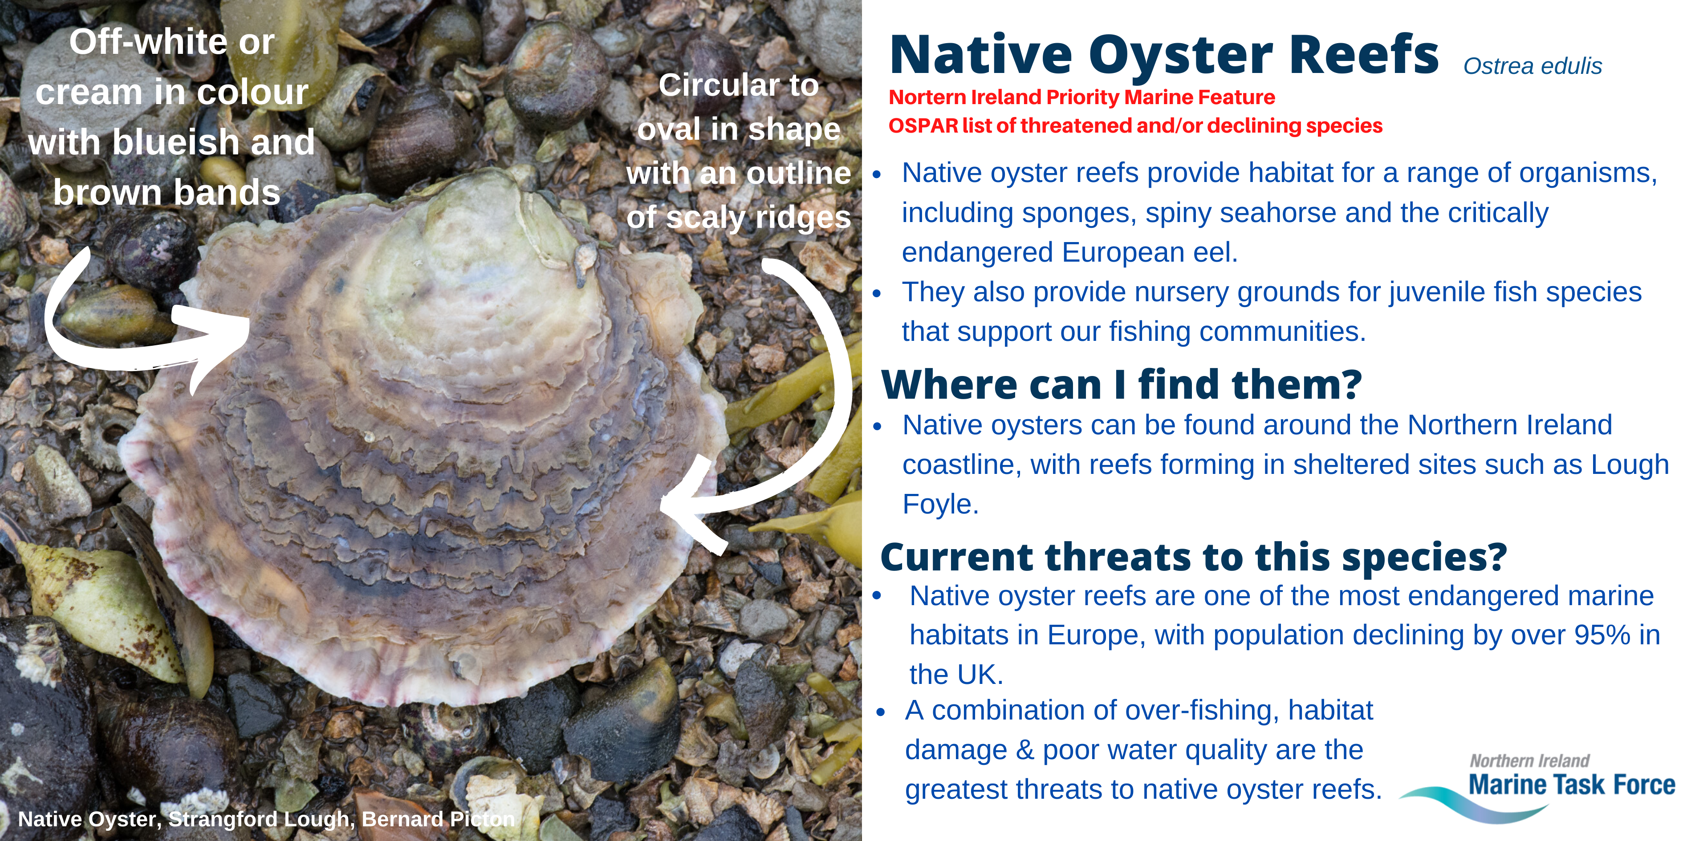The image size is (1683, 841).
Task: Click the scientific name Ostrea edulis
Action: click(x=1532, y=66)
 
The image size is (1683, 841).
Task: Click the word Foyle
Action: click(x=940, y=505)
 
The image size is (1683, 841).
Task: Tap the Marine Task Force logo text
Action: click(x=1571, y=784)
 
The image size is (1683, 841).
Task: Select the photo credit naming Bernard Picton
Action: click(x=267, y=819)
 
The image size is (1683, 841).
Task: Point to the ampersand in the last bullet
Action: click(x=1024, y=750)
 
